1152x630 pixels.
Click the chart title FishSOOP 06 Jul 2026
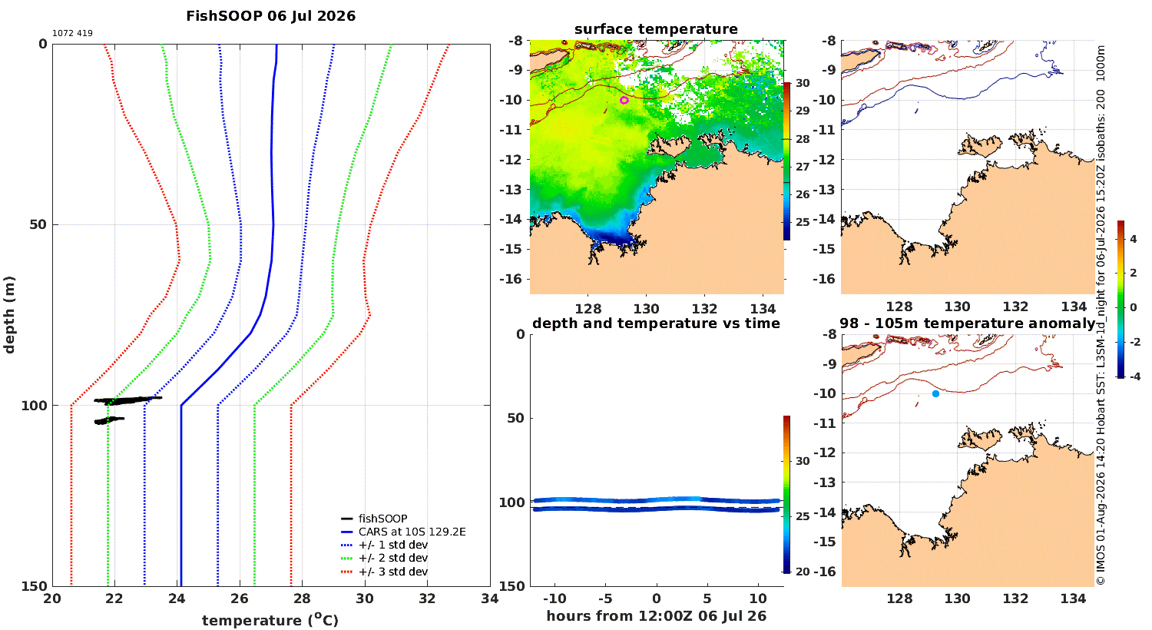click(270, 16)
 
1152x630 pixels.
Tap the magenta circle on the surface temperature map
click(624, 101)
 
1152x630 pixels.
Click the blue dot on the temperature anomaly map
click(935, 394)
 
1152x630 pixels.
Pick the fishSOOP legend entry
click(374, 519)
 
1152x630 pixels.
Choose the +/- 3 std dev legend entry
click(384, 572)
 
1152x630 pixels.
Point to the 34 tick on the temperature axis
click(490, 598)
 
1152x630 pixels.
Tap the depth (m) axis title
click(9, 315)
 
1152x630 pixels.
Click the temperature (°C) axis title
click(270, 620)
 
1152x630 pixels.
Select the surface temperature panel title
click(656, 28)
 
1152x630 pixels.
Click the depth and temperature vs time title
click(656, 323)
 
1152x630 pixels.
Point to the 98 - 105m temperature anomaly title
click(968, 323)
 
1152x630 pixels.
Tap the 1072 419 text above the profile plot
click(72, 34)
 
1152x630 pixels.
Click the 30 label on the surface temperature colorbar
click(803, 83)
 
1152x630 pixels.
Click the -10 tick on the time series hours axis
click(554, 598)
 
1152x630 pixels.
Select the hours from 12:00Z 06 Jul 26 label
click(656, 616)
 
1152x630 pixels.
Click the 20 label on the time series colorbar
click(803, 572)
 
